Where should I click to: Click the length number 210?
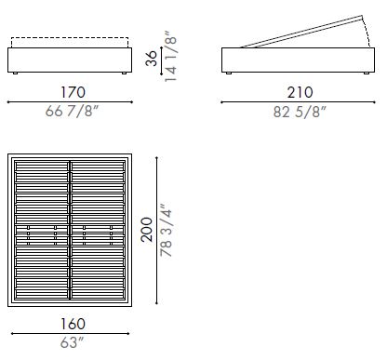point(300,91)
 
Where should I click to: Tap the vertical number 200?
point(147,229)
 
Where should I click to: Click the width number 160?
point(72,325)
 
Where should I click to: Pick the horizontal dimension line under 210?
point(300,101)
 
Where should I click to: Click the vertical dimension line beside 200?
point(155,229)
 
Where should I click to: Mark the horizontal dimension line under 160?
point(72,335)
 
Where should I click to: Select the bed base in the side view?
point(300,62)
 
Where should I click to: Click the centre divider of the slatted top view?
point(72,229)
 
